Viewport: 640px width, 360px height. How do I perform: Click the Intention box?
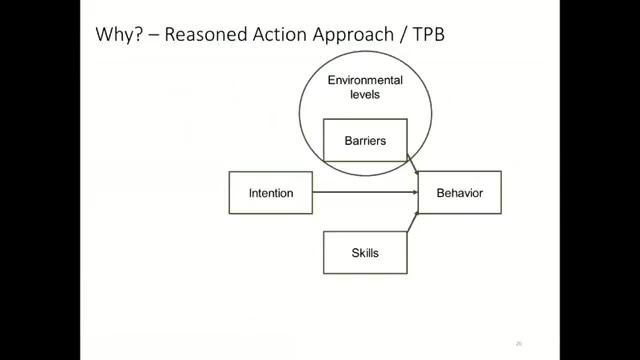(x=270, y=193)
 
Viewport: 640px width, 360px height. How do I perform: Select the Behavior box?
(x=459, y=193)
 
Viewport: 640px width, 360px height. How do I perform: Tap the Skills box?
(x=365, y=252)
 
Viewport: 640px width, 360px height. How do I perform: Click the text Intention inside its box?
(x=270, y=193)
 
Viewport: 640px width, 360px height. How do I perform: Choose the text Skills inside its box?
(x=365, y=252)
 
